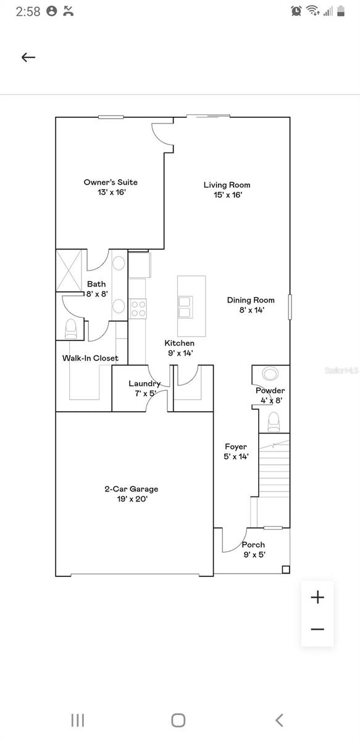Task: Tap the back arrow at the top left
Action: tap(28, 57)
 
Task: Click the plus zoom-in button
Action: tap(317, 597)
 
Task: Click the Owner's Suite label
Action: tap(111, 187)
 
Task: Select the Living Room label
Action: tap(227, 190)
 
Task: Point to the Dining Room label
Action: tap(251, 305)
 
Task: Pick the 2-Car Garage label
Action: tap(131, 493)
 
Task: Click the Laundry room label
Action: tap(144, 388)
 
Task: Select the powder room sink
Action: tap(270, 374)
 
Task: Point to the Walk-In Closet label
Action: tap(90, 358)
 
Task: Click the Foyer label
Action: tap(236, 451)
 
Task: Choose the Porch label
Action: tap(253, 549)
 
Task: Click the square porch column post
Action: tap(285, 569)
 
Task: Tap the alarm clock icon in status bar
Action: tap(296, 10)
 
